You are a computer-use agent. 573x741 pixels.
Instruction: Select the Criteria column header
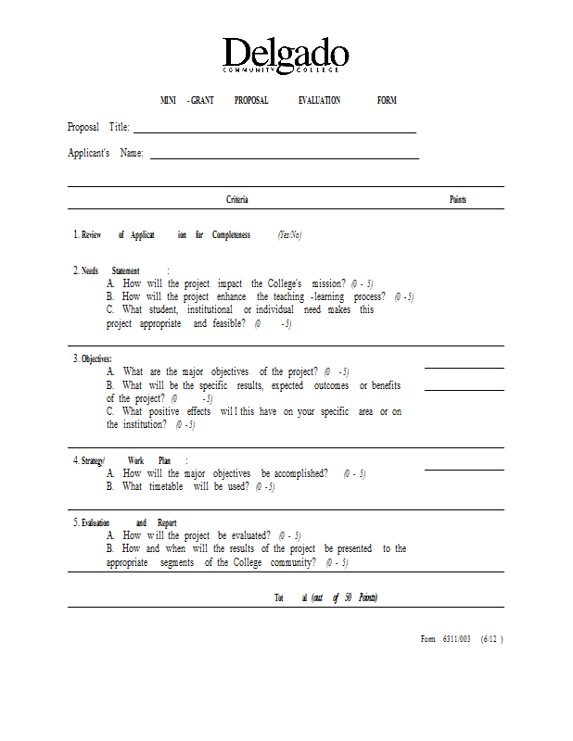click(x=237, y=200)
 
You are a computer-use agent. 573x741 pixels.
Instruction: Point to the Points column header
click(x=458, y=200)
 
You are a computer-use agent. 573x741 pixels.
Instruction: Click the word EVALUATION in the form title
click(x=319, y=100)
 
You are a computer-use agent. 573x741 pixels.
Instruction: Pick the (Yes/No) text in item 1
click(x=290, y=235)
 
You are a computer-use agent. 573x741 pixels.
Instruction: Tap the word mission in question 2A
click(x=328, y=283)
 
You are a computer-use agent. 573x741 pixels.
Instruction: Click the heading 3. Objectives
click(x=93, y=358)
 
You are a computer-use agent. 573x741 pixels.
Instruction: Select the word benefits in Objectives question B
click(x=385, y=385)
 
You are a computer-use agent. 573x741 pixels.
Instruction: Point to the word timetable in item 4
click(x=167, y=486)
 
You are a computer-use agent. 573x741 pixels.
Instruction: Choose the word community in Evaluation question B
click(x=286, y=562)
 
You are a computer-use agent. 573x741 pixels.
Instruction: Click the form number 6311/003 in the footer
click(x=457, y=639)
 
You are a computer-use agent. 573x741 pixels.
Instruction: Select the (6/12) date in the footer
click(x=491, y=639)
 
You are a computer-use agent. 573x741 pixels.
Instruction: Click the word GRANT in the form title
click(x=202, y=100)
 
